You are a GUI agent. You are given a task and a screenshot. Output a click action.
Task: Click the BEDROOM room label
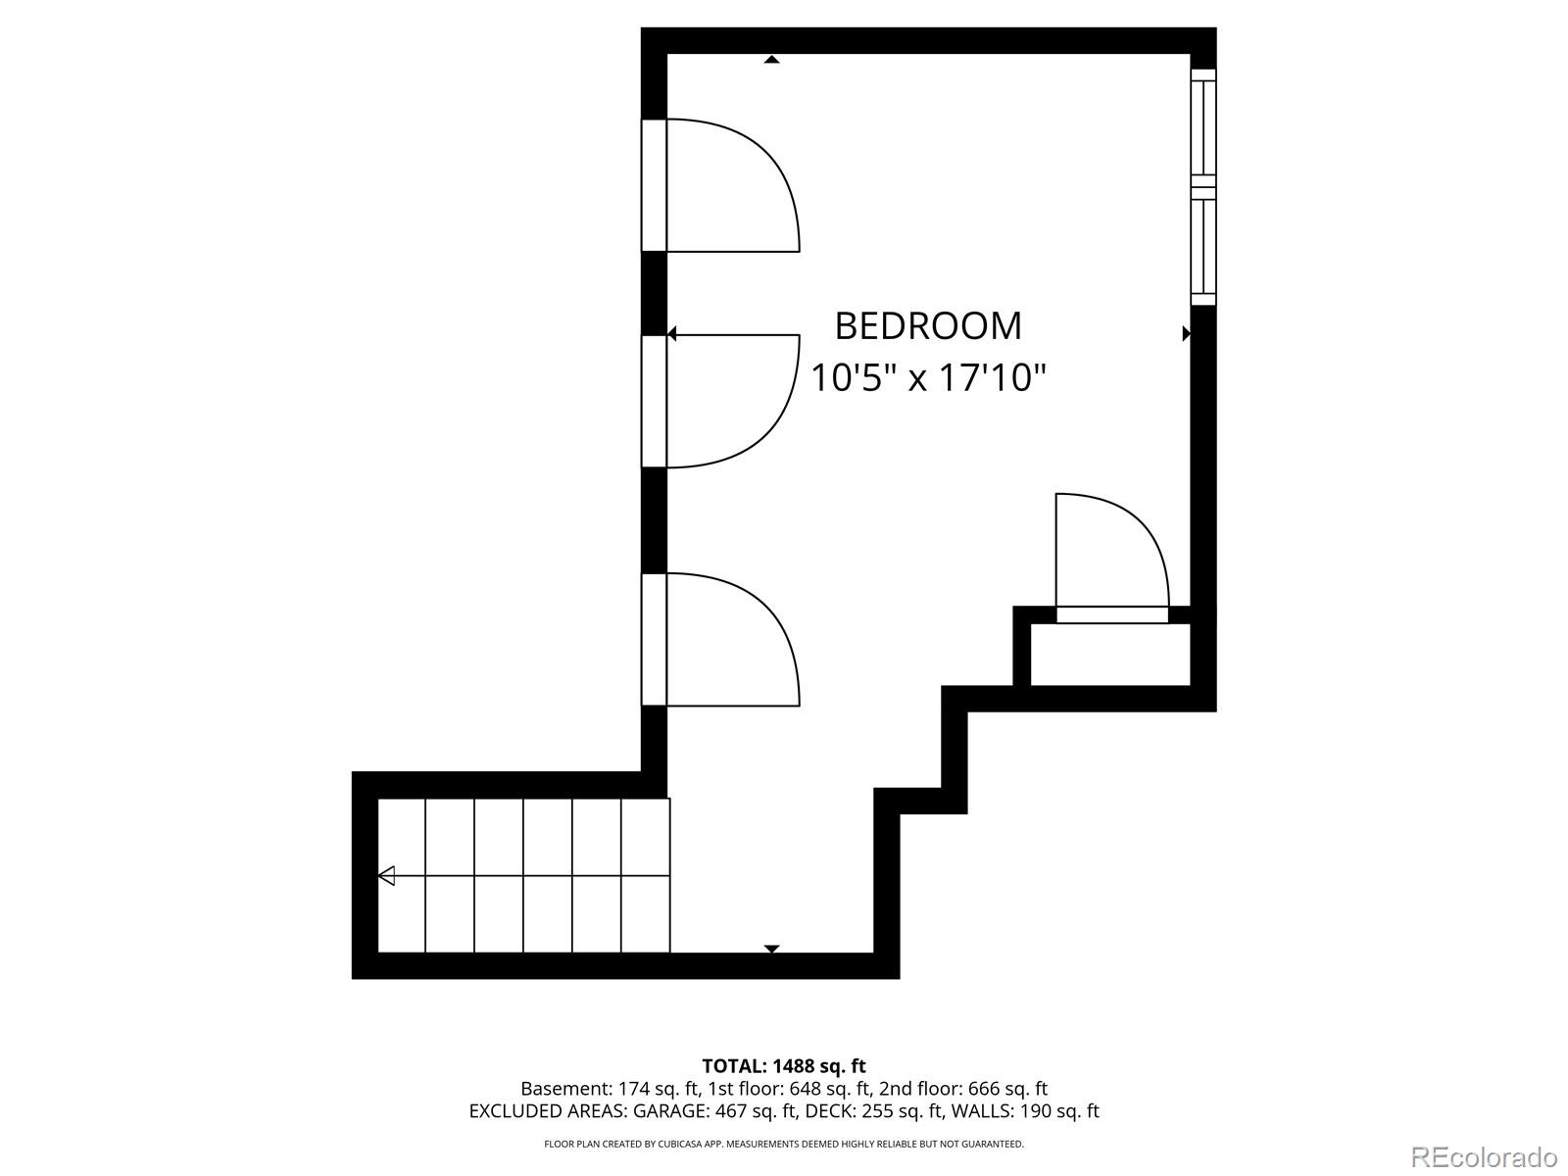[927, 326]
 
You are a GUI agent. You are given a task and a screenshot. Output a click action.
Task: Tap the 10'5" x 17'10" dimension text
[928, 377]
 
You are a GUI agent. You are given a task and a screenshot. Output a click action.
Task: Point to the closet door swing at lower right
[1111, 554]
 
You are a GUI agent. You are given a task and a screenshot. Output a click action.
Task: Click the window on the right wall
[1203, 187]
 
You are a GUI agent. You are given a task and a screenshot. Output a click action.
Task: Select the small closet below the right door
[1110, 655]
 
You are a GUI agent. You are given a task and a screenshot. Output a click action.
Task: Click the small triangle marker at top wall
[771, 60]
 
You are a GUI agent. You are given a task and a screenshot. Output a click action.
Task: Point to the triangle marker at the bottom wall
[771, 949]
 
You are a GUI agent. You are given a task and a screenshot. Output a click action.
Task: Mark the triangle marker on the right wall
[1186, 333]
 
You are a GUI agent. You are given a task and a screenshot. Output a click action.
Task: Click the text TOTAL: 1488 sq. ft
[783, 1065]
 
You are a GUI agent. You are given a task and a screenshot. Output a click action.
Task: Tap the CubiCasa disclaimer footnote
[783, 1144]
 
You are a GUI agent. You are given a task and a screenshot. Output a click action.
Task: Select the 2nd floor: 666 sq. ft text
[962, 1089]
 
